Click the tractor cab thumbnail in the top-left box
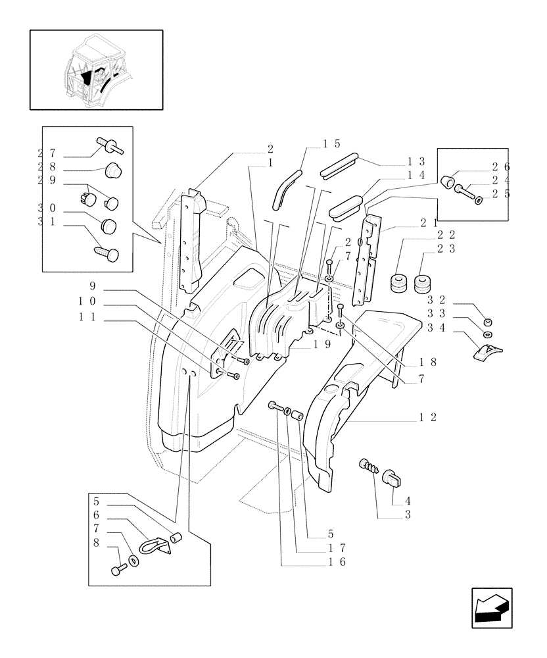(96, 69)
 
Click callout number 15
(331, 143)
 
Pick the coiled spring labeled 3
(370, 467)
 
